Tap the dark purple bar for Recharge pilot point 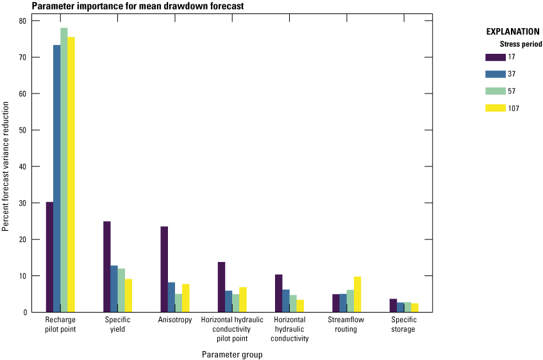pos(49,257)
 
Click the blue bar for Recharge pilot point pos(56,179)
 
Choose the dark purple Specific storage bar pos(393,306)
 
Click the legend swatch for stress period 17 pos(496,57)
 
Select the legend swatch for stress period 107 pos(496,108)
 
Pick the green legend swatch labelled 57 pos(496,91)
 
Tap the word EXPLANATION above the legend pos(513,31)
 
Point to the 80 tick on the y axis pos(22,20)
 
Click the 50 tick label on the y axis pos(22,130)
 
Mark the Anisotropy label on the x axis pos(175,320)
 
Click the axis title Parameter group pos(232,354)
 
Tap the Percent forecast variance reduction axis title pos(6,167)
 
